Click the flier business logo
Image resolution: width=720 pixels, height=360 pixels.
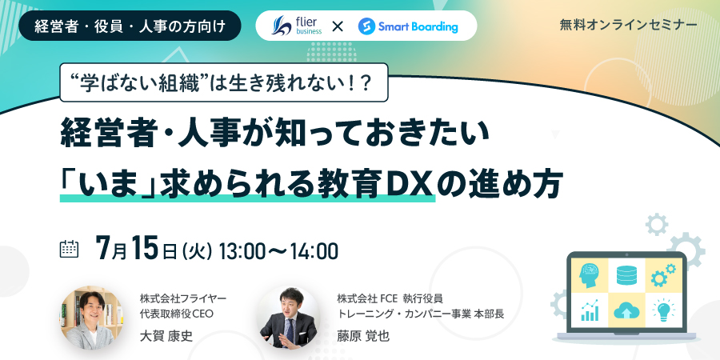pyautogui.click(x=297, y=26)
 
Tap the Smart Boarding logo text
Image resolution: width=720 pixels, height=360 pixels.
pyautogui.click(x=418, y=26)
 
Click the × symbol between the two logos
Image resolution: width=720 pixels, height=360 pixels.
pyautogui.click(x=338, y=26)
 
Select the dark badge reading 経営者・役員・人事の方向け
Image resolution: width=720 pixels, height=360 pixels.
pyautogui.click(x=130, y=26)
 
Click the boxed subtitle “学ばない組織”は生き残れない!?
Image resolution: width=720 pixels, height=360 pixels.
pyautogui.click(x=224, y=82)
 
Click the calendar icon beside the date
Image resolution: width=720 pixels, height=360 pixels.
pyautogui.click(x=70, y=249)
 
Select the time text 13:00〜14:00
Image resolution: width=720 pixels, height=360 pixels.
pyautogui.click(x=278, y=251)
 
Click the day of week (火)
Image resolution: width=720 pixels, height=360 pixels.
pyautogui.click(x=197, y=251)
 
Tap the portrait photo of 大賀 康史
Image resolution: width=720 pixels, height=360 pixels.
pyautogui.click(x=91, y=318)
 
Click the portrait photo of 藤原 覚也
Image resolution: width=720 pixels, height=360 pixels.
pyautogui.click(x=288, y=318)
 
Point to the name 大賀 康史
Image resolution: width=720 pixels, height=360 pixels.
pyautogui.click(x=166, y=336)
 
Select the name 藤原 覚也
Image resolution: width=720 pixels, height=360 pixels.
pyautogui.click(x=362, y=336)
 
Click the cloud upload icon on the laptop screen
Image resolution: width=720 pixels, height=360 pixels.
pyautogui.click(x=626, y=310)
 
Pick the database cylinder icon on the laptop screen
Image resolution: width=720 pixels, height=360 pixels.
pyautogui.click(x=626, y=274)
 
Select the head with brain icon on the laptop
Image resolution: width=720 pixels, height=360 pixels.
pyautogui.click(x=589, y=275)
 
